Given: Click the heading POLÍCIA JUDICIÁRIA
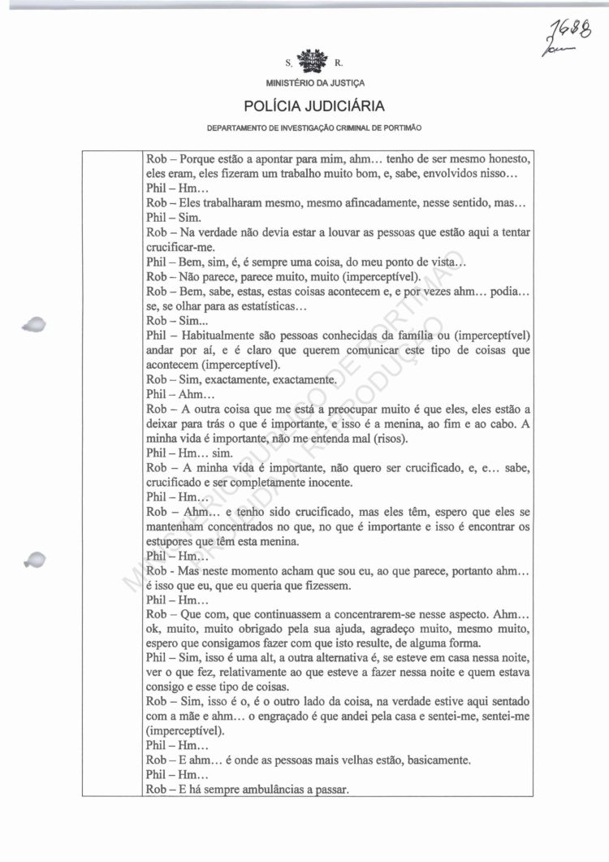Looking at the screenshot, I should (x=315, y=106).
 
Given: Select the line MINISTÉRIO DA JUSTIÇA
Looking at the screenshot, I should (x=315, y=83).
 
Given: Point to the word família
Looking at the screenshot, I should (x=406, y=336).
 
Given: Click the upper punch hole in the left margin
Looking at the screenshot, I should (x=36, y=323).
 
